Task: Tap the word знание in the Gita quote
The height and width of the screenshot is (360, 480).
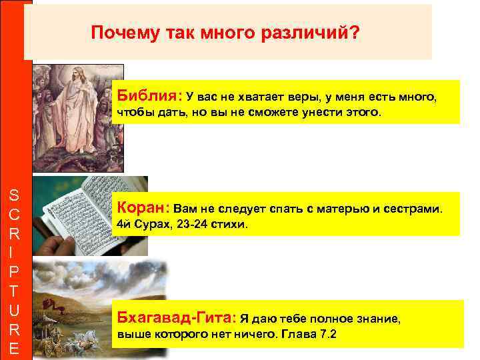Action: click(x=375, y=319)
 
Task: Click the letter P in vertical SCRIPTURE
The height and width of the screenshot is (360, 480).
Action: click(x=15, y=273)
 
